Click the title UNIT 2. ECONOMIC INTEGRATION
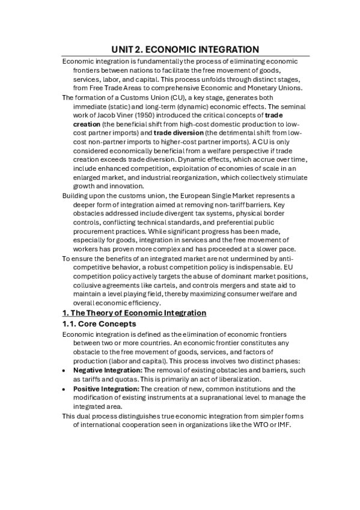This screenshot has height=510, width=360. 186,49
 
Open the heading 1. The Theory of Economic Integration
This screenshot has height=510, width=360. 135,313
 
